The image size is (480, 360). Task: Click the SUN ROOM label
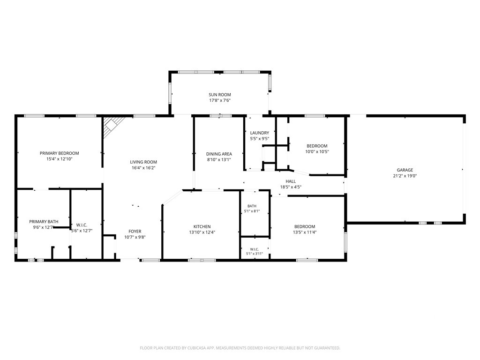220,95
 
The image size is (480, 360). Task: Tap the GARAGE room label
405,170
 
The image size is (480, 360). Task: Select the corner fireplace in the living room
112,126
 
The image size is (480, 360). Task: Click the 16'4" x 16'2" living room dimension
143,168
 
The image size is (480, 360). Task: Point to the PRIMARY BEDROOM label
60,153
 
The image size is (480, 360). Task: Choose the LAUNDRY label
260,133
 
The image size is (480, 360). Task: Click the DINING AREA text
219,154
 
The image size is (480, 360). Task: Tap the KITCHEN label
202,226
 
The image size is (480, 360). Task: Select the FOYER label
135,232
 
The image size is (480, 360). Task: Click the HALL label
291,181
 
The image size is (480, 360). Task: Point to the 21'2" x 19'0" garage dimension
405,176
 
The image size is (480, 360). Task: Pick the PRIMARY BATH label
44,221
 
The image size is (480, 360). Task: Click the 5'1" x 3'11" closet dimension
255,254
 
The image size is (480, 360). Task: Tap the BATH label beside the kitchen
252,206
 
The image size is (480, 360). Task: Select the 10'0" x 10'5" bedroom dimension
317,151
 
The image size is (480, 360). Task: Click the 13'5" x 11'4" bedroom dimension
305,232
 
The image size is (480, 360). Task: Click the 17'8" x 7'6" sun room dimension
220,100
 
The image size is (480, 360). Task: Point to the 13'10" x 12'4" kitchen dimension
202,232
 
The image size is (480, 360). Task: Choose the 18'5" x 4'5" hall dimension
291,187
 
